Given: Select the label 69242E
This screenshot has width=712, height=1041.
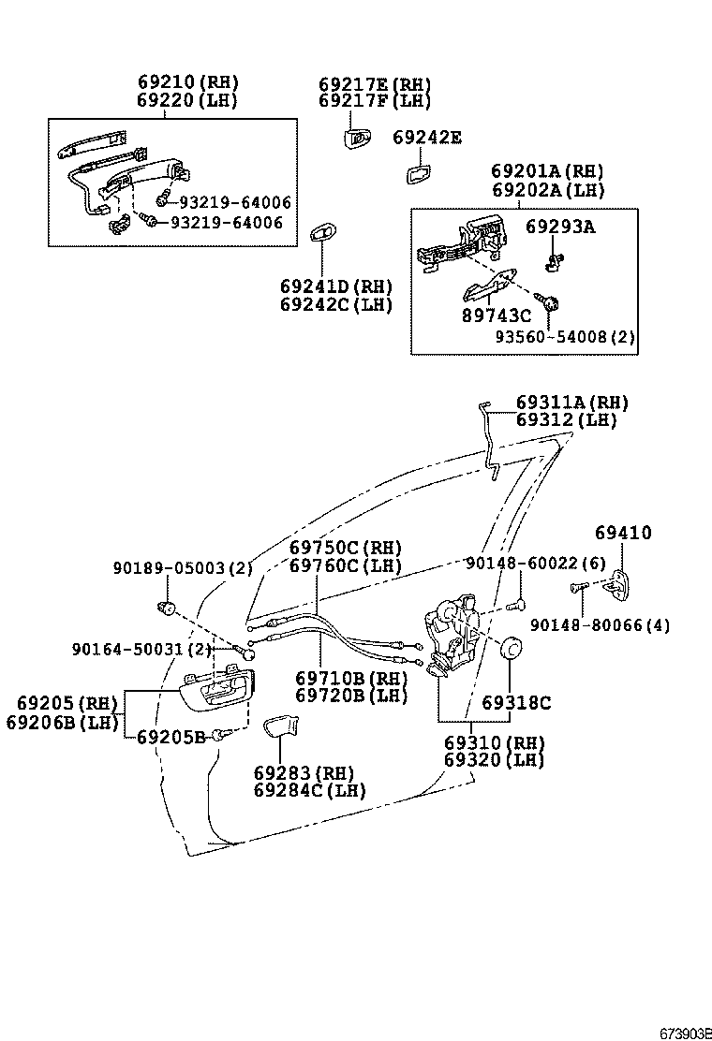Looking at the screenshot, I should (x=426, y=138).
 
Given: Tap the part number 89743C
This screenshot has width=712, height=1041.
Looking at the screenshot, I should (x=496, y=316).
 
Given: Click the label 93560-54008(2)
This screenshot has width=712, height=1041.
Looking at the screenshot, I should (x=565, y=337).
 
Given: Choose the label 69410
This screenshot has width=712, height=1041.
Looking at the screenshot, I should (x=623, y=533).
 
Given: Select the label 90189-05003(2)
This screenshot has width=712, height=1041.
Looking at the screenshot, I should (x=183, y=567).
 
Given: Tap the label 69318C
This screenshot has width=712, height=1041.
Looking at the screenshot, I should (x=516, y=702).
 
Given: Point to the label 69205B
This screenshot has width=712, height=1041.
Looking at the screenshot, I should (x=171, y=737).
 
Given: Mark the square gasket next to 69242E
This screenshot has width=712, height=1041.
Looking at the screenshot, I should (x=418, y=174).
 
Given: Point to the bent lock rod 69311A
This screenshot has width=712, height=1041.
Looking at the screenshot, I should (x=489, y=440).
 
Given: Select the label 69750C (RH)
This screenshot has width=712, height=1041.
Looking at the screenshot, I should (x=345, y=548).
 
